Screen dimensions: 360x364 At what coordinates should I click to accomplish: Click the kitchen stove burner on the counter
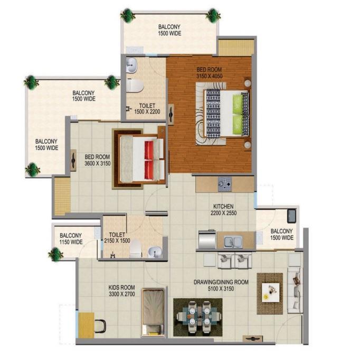[x=225, y=184]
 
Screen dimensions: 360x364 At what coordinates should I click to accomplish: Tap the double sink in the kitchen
[x=233, y=241]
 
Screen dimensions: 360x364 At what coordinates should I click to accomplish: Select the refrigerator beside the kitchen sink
[x=207, y=239]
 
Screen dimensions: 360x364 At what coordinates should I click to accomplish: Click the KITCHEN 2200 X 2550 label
[x=224, y=210]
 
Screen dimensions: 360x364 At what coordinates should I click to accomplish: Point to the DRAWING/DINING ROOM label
[x=221, y=282]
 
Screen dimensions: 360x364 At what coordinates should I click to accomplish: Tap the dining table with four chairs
[x=197, y=317]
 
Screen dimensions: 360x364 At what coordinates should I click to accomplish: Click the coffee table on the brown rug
[x=270, y=293]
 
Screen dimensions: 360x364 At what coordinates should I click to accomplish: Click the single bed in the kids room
[x=153, y=312]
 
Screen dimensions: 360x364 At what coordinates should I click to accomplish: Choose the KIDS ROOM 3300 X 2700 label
[x=122, y=291]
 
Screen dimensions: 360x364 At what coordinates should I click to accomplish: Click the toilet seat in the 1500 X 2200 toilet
[x=135, y=86]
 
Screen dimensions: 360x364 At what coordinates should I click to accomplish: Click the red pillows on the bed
[x=149, y=160]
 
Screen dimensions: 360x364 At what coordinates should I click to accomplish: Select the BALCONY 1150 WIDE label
[x=71, y=239]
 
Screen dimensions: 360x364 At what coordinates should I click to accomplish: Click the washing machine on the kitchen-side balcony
[x=291, y=216]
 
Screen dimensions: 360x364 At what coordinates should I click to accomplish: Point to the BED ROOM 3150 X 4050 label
[x=209, y=73]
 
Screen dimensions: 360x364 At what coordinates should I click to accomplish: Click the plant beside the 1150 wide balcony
[x=55, y=254]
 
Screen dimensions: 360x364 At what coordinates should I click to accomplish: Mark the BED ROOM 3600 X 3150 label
[x=98, y=160]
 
